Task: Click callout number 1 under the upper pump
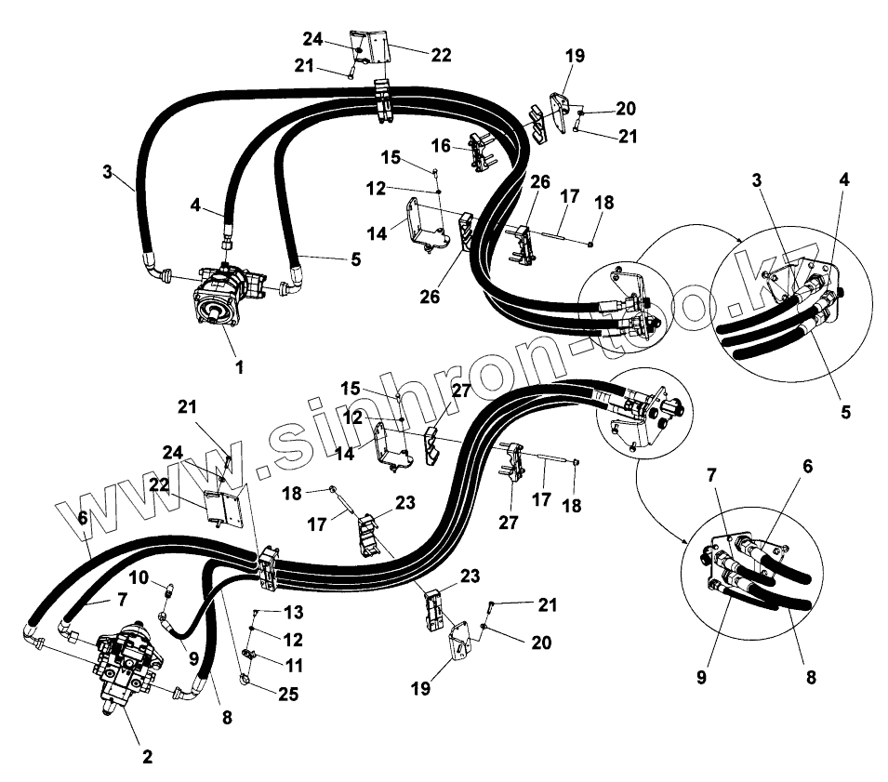pos(239,367)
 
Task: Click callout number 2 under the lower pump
pos(147,756)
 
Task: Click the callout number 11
pos(295,665)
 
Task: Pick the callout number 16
pos(441,145)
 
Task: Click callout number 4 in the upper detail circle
pos(843,179)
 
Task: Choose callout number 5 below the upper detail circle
pos(845,409)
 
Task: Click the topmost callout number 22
pos(441,55)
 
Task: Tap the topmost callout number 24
pos(311,39)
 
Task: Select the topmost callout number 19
pos(575,56)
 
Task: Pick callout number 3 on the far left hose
pos(108,172)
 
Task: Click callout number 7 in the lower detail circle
pos(711,475)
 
